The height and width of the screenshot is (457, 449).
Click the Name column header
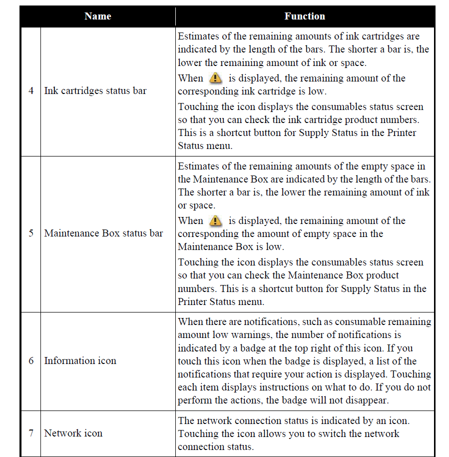(x=97, y=16)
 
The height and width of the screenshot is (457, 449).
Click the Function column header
(x=305, y=16)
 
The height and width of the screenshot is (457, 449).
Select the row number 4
(x=31, y=91)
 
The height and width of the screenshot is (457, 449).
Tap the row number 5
(x=31, y=233)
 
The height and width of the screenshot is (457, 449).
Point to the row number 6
(x=31, y=361)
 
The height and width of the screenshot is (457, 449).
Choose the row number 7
(x=31, y=433)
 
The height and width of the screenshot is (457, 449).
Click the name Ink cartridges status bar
(x=95, y=91)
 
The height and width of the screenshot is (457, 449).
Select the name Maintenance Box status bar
(x=103, y=233)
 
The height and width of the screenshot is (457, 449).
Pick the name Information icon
(x=80, y=361)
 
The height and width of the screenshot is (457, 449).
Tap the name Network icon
(x=73, y=433)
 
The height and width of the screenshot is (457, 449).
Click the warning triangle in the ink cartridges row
(x=215, y=78)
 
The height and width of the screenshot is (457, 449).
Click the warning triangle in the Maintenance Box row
(x=215, y=220)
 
